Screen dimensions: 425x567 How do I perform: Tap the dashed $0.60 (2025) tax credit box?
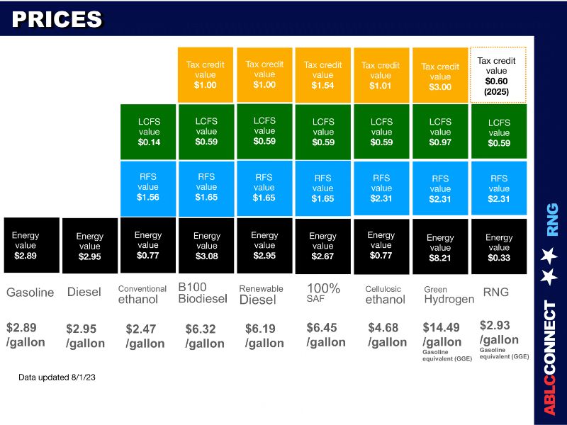[498, 75]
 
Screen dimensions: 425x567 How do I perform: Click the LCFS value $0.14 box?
[148, 131]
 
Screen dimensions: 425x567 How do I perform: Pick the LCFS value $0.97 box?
[440, 132]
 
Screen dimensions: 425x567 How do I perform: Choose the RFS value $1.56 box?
[148, 187]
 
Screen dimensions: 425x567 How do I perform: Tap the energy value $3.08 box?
[206, 246]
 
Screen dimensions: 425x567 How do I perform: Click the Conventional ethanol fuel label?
[142, 294]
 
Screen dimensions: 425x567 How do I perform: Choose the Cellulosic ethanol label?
[386, 294]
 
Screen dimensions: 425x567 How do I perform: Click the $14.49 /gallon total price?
[443, 335]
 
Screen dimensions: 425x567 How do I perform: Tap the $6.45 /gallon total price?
[326, 335]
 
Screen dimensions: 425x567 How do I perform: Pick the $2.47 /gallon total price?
[145, 336]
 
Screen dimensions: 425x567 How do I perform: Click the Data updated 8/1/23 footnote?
[57, 378]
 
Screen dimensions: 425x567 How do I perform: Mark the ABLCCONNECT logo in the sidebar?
[550, 358]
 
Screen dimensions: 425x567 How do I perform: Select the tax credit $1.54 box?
[322, 75]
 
